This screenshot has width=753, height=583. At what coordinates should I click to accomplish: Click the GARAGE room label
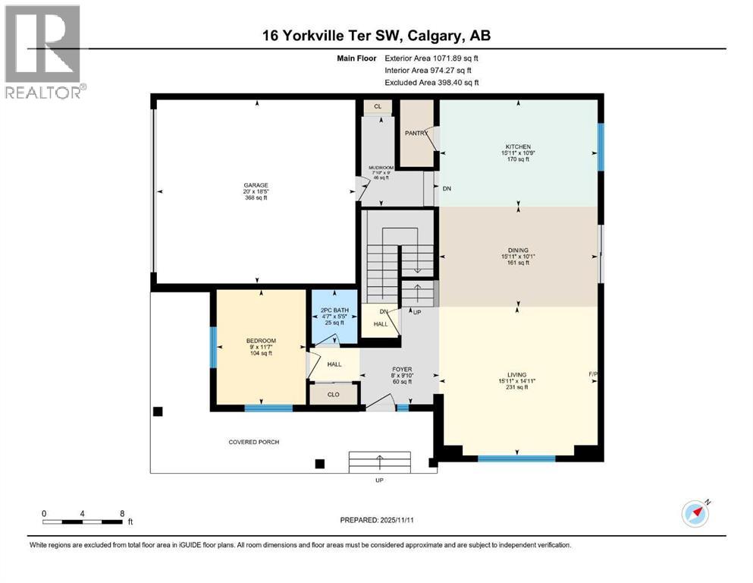coord(256,185)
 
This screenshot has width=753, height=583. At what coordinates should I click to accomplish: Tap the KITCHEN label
coord(519,147)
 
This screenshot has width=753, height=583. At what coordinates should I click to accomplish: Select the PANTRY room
coord(416,134)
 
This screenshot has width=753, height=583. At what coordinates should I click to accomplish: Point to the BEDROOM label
coord(261,340)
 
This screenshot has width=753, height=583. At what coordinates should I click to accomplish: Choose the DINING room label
coord(519,251)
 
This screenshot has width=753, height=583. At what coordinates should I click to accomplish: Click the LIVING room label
coord(518,374)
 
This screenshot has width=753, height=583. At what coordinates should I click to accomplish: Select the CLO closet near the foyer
coord(334,395)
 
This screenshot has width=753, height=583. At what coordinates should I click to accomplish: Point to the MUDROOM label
coord(380,168)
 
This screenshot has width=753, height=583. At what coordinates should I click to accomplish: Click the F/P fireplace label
coord(593,374)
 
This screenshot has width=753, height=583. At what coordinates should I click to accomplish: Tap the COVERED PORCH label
coord(254,442)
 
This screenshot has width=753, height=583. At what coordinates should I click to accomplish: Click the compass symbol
coord(695,514)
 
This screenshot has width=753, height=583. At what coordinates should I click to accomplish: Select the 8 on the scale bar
coord(122,512)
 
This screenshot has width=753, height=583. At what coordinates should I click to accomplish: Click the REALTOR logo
coord(44,52)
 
